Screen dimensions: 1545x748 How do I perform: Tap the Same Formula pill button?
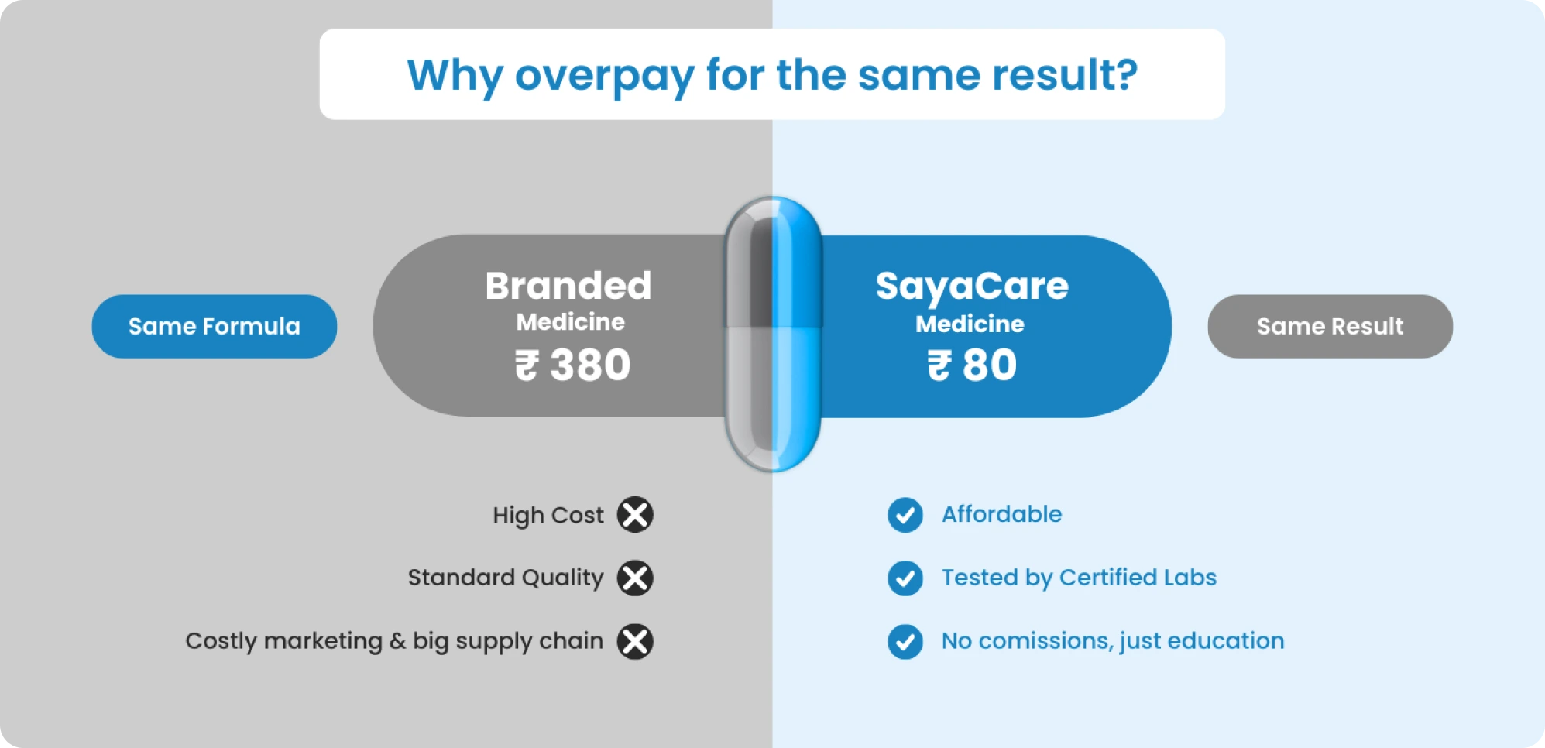tap(215, 326)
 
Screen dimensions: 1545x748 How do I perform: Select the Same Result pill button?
tap(1330, 326)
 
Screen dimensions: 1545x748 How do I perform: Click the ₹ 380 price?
tap(573, 365)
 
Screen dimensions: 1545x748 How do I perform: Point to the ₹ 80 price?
tap(972, 365)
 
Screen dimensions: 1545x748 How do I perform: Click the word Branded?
tap(568, 286)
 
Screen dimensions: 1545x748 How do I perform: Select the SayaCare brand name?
tap(972, 287)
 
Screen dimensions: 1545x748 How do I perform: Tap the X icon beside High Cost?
tap(635, 515)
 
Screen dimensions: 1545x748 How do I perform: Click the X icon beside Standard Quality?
tap(635, 578)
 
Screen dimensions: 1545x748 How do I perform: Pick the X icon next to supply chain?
tap(635, 642)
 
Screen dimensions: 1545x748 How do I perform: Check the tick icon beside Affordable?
tap(905, 515)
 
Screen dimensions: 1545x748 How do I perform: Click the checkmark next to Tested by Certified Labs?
tap(905, 578)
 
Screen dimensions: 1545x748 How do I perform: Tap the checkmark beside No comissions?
tap(905, 642)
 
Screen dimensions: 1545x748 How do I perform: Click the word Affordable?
tap(1001, 514)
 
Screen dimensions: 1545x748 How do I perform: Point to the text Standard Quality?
tap(506, 578)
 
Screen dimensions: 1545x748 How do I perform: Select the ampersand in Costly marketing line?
tap(397, 641)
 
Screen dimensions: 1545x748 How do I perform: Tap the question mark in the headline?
tap(1124, 74)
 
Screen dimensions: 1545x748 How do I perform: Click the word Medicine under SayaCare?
tap(970, 324)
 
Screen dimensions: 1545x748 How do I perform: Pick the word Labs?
tap(1190, 578)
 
